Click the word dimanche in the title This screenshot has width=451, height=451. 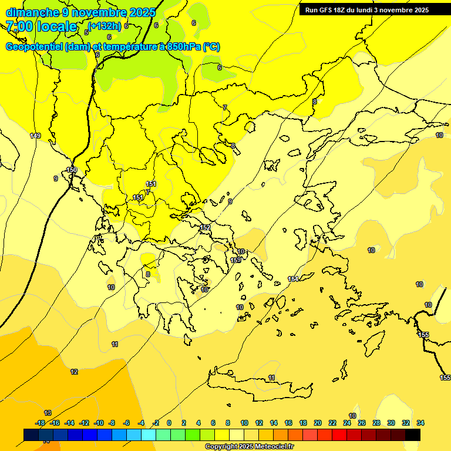point(32,12)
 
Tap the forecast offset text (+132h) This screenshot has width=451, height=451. point(105,26)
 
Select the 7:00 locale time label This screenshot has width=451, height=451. point(41,26)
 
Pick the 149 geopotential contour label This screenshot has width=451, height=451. point(35,136)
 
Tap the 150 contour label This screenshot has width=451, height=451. point(72,170)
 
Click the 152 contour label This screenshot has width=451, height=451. point(205,227)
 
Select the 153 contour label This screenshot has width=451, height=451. point(235,260)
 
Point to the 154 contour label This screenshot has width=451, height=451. point(293,279)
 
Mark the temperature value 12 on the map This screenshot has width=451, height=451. point(74,372)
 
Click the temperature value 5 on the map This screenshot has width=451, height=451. point(86,33)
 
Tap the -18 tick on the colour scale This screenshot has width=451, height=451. point(40,423)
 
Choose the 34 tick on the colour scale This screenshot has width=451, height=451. point(420,423)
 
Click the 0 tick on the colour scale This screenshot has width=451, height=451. point(169,423)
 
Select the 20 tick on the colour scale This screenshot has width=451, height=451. point(318,423)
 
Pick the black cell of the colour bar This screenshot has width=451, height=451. point(412,435)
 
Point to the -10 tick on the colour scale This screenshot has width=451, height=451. point(99,423)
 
